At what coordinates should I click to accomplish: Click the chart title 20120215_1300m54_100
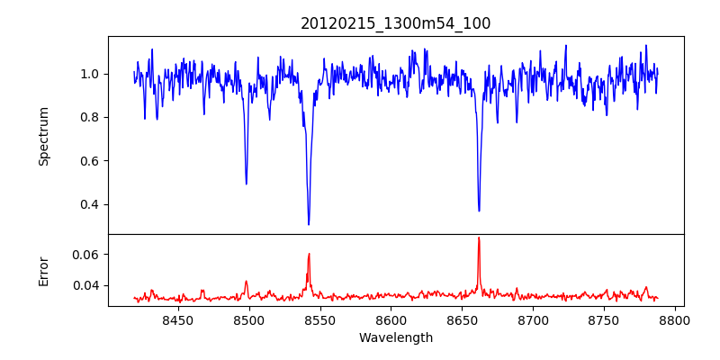[x=395, y=24]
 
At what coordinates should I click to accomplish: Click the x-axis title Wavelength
[x=395, y=338]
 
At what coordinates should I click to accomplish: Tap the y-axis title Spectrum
[x=44, y=136]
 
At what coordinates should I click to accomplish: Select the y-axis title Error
[x=44, y=271]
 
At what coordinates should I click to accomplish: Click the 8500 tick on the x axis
[x=248, y=320]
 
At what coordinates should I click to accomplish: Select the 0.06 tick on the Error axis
[x=87, y=255]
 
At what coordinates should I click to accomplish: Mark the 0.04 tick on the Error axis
[x=87, y=285]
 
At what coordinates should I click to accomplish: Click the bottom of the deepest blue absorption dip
[x=309, y=224]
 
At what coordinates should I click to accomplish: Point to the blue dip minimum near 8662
[x=479, y=211]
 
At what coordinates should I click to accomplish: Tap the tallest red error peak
[x=479, y=238]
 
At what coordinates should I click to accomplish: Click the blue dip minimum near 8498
[x=246, y=184]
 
